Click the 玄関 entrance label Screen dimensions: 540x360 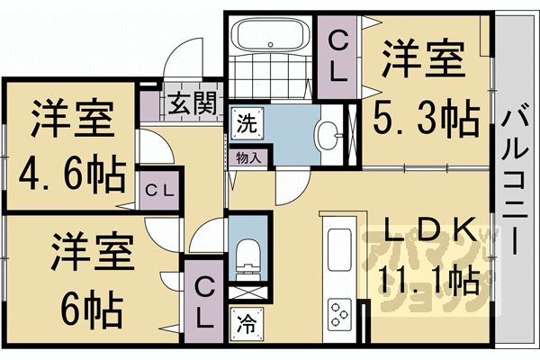193,104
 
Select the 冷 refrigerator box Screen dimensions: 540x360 247,324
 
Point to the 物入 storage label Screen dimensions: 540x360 248,158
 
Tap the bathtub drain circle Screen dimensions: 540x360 271,44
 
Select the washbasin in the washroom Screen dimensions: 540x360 328,135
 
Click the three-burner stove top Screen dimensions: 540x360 339,314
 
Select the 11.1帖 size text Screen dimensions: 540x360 429,283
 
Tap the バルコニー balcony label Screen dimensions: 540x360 515,179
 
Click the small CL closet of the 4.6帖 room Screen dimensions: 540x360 159,190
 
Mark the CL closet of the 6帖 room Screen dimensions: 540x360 204,301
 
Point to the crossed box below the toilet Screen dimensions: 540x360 247,292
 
